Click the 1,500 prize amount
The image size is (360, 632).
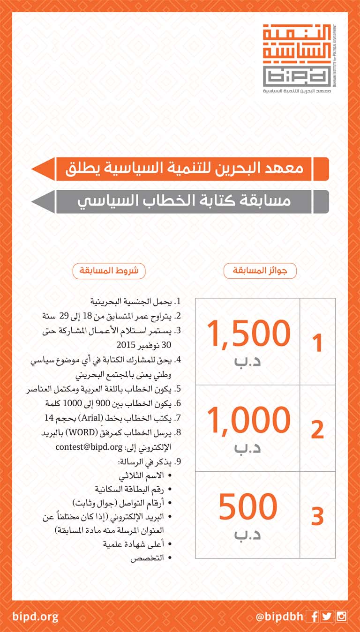[248, 334]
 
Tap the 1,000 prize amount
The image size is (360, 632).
[248, 420]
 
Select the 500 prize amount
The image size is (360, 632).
[248, 507]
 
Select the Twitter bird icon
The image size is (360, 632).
[327, 617]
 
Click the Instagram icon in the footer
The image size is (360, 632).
[341, 617]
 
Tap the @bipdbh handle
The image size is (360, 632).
[279, 617]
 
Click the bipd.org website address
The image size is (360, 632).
[36, 617]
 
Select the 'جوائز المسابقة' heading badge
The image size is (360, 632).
[260, 271]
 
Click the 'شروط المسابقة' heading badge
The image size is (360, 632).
[109, 271]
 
